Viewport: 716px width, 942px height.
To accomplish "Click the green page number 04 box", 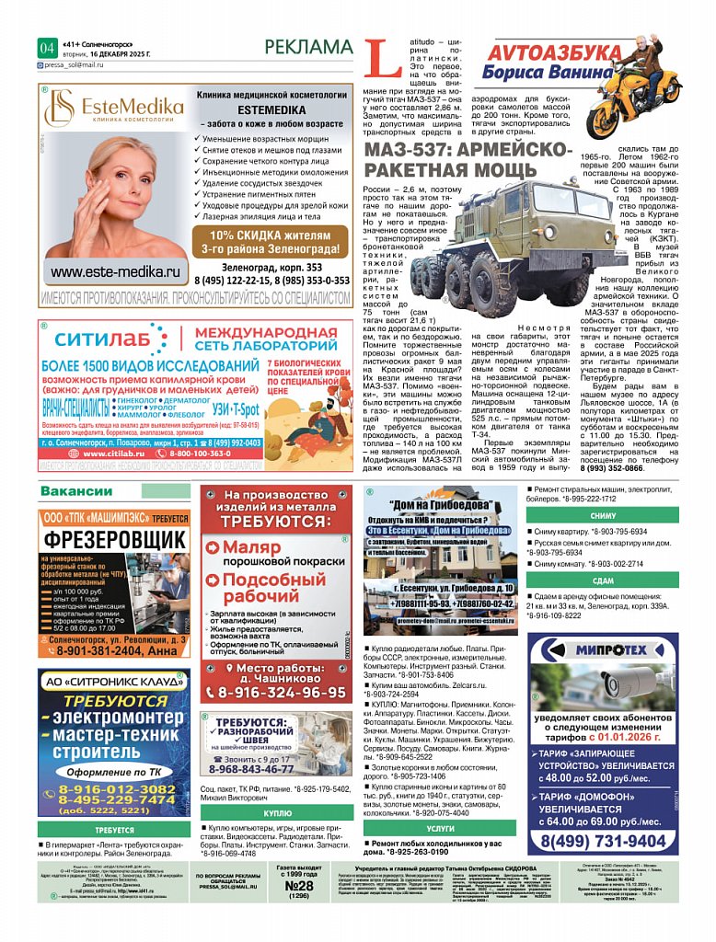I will pyautogui.click(x=47, y=48).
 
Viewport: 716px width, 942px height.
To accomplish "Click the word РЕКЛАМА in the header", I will pyautogui.click(x=307, y=47).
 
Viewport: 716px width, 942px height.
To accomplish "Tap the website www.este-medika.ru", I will pyautogui.click(x=114, y=271).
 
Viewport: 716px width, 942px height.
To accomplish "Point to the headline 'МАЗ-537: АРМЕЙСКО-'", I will pyautogui.click(x=468, y=151).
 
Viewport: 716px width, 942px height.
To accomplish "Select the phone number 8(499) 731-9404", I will pyautogui.click(x=603, y=841).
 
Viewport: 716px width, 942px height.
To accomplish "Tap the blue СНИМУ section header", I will pyautogui.click(x=603, y=516).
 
